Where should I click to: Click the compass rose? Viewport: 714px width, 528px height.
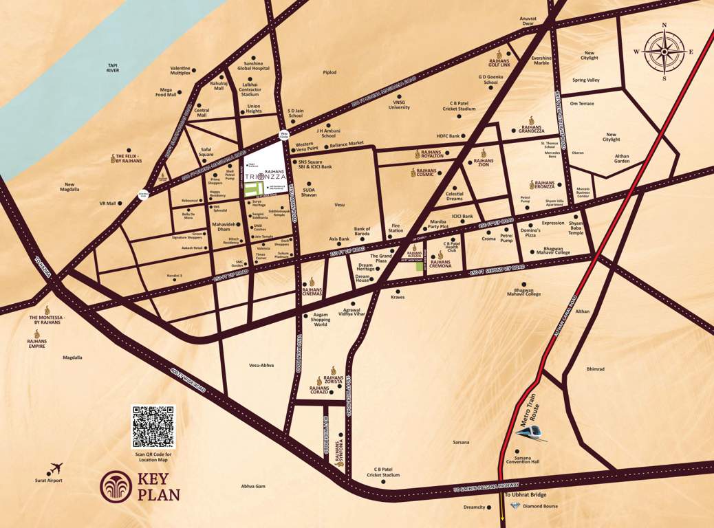(664, 52)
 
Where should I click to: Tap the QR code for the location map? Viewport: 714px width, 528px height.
(153, 427)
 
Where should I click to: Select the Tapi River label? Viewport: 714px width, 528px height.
(113, 68)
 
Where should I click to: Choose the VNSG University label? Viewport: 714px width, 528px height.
(399, 104)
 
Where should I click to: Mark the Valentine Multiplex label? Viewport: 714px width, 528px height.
(180, 70)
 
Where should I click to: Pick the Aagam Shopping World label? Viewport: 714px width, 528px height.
(320, 320)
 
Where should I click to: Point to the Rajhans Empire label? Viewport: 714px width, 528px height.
(36, 343)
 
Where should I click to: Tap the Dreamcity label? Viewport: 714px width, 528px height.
(474, 507)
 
